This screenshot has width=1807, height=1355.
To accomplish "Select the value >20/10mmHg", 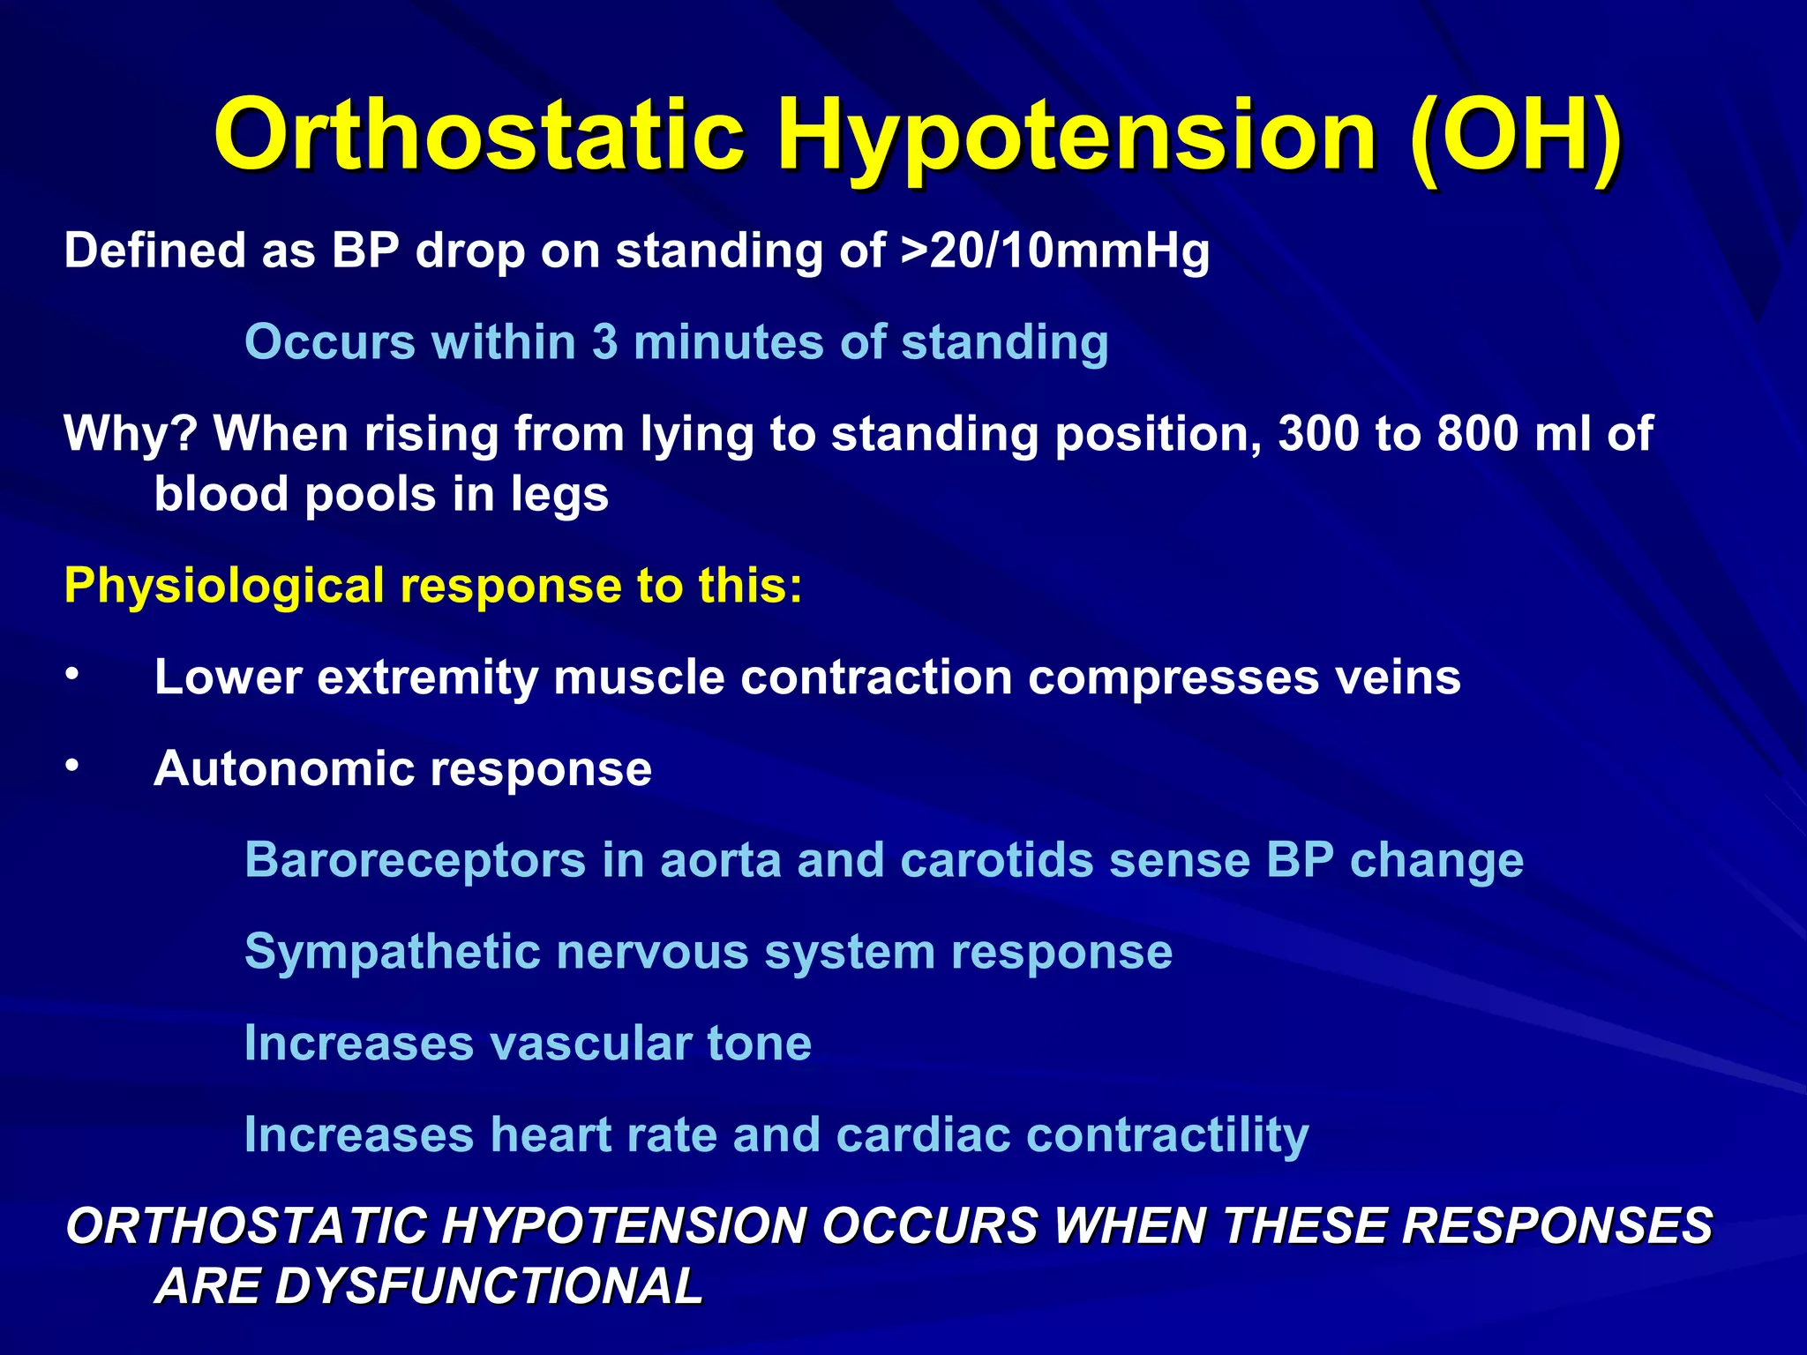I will [1055, 251].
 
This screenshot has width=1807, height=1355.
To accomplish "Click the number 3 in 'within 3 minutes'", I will [604, 342].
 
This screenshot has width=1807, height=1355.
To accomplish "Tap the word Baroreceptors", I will [415, 860].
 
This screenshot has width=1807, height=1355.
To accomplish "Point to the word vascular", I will [590, 1044].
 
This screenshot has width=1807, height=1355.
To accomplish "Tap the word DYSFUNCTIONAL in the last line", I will [429, 1286].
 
